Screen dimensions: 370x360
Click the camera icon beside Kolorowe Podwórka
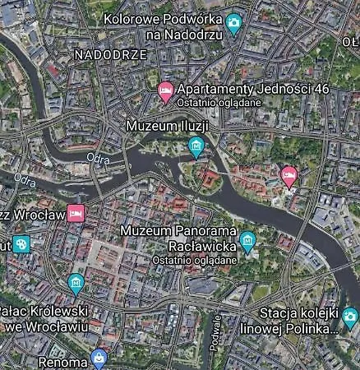(233, 22)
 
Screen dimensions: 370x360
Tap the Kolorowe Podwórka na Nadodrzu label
(165, 26)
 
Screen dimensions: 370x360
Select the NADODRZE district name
(110, 54)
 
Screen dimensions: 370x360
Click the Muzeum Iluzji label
(167, 126)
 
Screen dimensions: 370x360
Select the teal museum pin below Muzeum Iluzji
(196, 146)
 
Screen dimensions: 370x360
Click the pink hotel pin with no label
(288, 174)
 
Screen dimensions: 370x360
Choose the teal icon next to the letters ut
(21, 244)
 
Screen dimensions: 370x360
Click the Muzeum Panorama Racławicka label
(178, 238)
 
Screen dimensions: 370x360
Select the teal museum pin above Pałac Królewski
(76, 284)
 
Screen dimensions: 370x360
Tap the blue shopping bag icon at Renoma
(99, 358)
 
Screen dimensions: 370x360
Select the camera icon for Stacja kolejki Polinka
(350, 317)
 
